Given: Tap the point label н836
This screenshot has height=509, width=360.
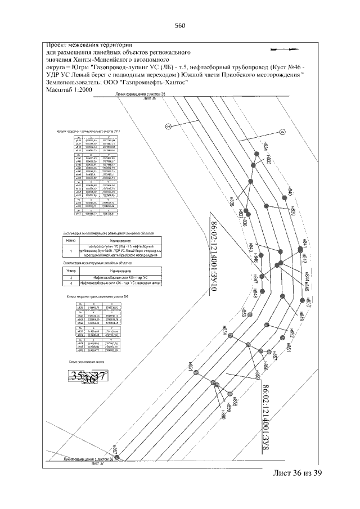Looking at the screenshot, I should pos(232,201).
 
